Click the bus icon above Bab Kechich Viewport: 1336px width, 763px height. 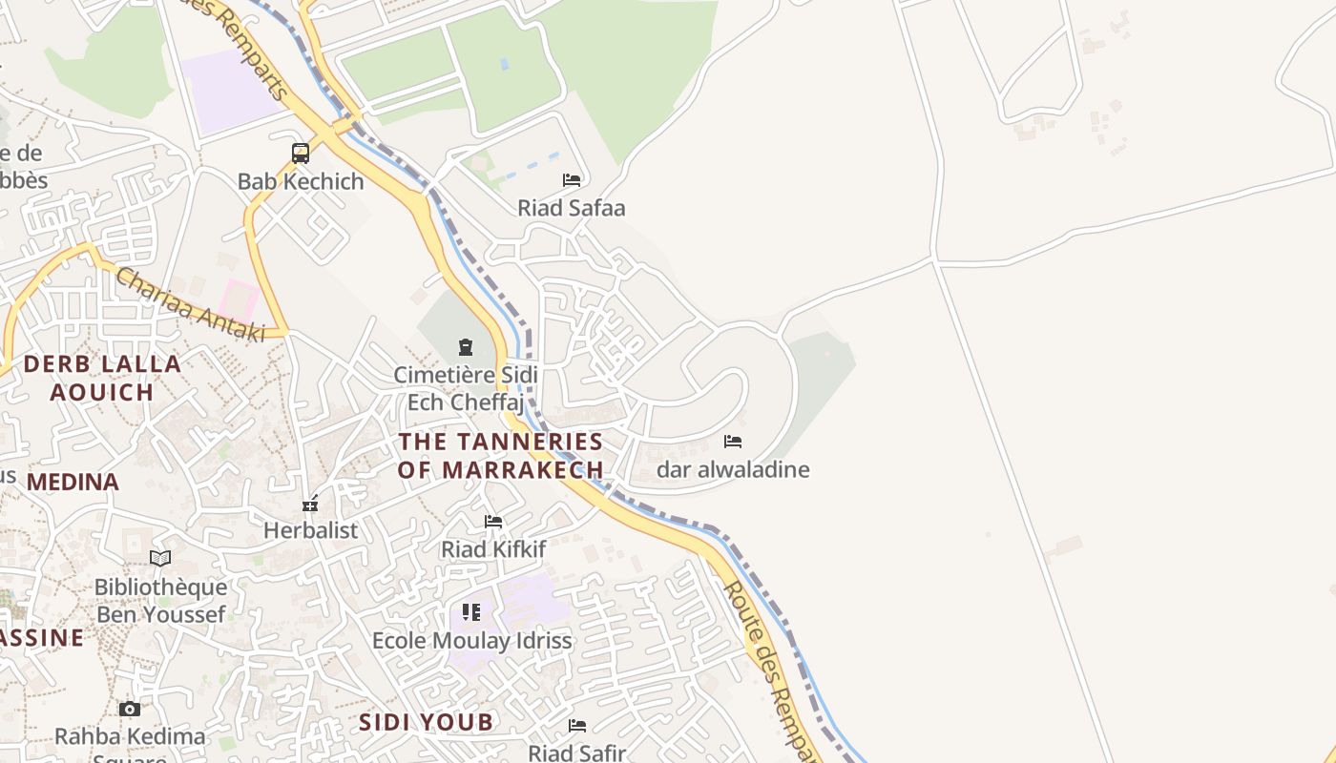tap(301, 153)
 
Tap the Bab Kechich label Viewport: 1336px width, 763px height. tap(301, 181)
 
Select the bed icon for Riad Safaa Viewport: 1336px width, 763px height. tap(572, 179)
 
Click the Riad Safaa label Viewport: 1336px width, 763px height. tap(572, 208)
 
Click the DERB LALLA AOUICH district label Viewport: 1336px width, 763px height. tap(102, 378)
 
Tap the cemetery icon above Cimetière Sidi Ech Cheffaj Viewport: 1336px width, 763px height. tap(466, 347)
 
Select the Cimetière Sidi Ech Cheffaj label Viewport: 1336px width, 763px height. tap(466, 388)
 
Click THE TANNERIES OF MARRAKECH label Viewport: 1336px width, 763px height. tap(501, 455)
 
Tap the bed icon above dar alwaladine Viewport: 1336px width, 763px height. tap(733, 442)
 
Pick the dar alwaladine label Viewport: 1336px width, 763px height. tap(733, 469)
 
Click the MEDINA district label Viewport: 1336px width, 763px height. tap(73, 483)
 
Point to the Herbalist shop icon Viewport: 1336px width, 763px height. tap(310, 504)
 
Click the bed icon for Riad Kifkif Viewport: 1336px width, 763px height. tap(493, 522)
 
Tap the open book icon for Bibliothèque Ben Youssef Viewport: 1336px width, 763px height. tap(160, 558)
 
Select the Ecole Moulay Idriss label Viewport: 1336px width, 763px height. tap(471, 641)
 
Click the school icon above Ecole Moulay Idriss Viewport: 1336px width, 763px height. tap(471, 612)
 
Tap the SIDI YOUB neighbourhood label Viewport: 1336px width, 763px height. tap(427, 722)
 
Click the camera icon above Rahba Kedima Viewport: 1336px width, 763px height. tap(130, 709)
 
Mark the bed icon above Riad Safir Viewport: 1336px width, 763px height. tap(577, 726)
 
